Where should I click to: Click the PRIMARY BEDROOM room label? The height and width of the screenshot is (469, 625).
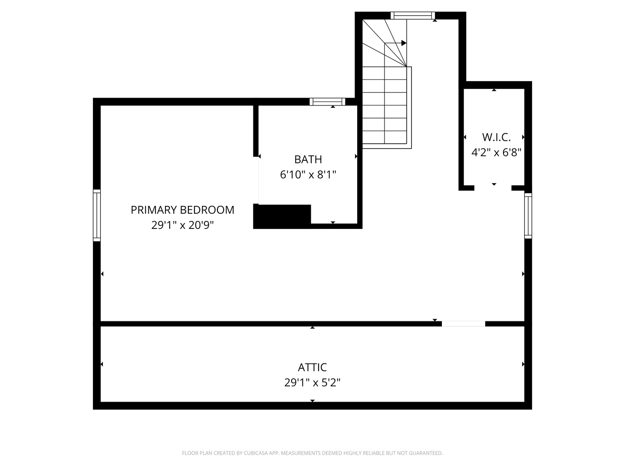point(182,210)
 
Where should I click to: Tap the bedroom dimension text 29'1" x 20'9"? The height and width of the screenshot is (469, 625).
point(182,225)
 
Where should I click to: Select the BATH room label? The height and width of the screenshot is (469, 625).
point(308,159)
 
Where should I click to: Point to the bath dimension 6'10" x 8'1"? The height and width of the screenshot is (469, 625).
point(308,175)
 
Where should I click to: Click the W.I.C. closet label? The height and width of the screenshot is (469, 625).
point(496,137)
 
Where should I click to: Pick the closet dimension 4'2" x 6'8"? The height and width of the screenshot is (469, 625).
point(496,152)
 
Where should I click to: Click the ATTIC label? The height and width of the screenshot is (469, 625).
point(312,367)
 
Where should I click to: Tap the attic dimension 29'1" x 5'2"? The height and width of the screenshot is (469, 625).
point(312,383)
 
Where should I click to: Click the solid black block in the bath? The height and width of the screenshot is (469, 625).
point(282,215)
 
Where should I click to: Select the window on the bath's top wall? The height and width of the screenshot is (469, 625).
point(328,102)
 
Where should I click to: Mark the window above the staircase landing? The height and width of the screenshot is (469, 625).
point(412,16)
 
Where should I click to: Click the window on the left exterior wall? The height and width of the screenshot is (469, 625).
point(97,215)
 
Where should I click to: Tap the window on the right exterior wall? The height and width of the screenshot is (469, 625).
point(528,216)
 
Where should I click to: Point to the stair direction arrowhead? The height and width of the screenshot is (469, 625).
point(404,43)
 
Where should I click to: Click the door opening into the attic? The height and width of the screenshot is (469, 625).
point(463,324)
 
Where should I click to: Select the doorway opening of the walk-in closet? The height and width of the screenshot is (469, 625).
point(493,188)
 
